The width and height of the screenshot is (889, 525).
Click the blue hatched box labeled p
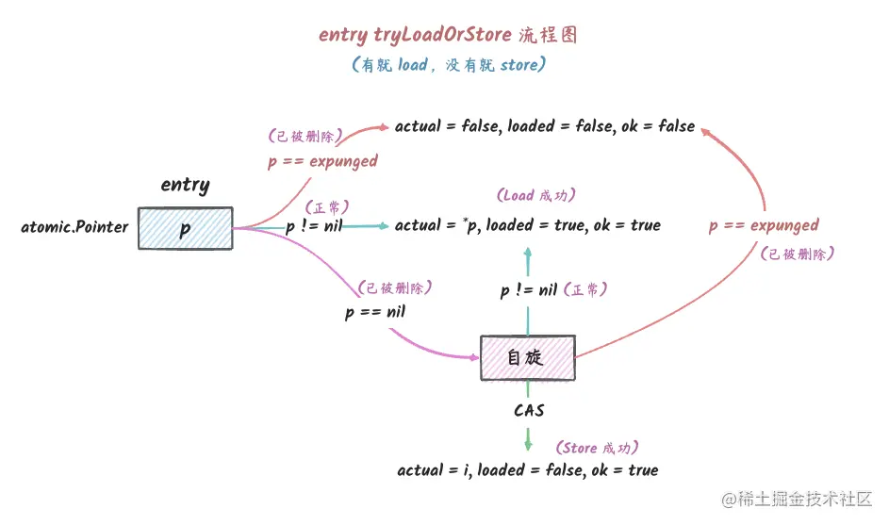[x=185, y=227]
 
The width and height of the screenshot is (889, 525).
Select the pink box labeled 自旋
[x=527, y=359]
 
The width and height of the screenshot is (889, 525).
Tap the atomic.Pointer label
[x=74, y=227]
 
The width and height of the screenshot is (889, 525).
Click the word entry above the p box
[x=185, y=185]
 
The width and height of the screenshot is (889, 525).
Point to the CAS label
[x=528, y=411]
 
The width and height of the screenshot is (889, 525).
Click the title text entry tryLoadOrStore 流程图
[x=448, y=35]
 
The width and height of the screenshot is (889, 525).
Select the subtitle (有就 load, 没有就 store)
[x=448, y=66]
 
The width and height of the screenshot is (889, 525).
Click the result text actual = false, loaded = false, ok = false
[x=545, y=126]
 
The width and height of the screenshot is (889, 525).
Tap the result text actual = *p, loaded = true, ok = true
[x=528, y=225]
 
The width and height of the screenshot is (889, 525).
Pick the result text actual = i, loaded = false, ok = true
[x=528, y=469]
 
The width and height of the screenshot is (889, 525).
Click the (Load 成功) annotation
[x=535, y=196]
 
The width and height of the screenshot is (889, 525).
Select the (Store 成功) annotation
[x=602, y=448]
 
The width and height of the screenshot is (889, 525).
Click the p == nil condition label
[x=374, y=312]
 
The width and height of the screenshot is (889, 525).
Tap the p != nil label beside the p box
[x=315, y=226]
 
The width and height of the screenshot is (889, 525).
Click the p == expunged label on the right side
[x=764, y=225]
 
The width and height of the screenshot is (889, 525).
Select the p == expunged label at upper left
[x=322, y=161]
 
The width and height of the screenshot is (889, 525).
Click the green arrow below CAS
[x=528, y=438]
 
